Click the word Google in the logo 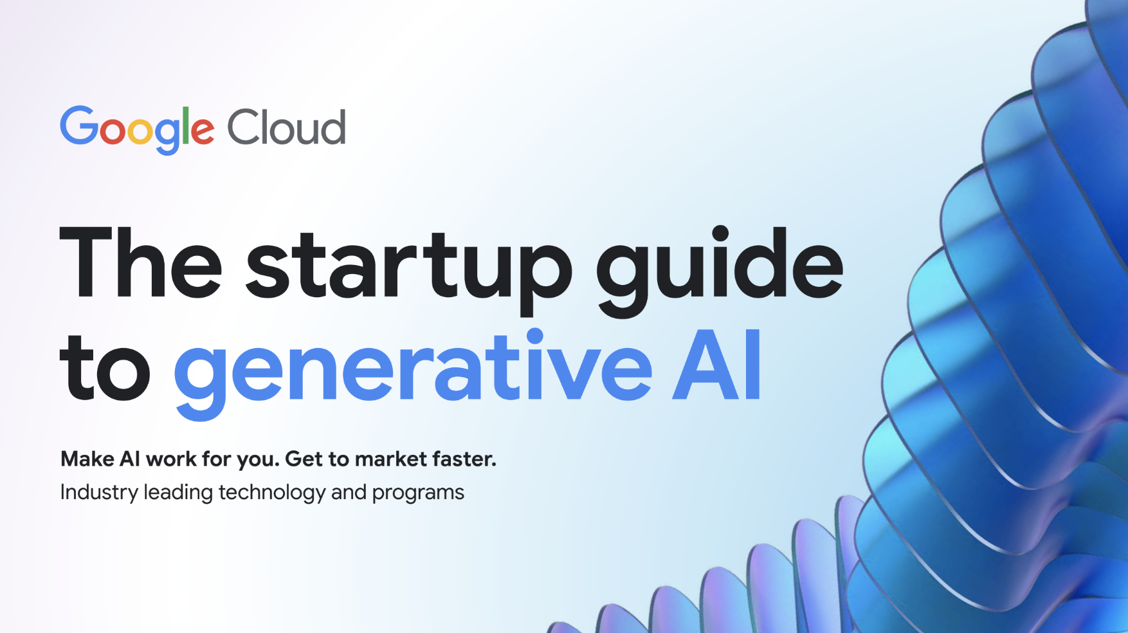coord(137,129)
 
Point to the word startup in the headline coord(408,270)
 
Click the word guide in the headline coord(720,270)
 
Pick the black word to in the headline coord(105,367)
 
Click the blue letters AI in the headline coord(716,365)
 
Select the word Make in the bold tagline coord(87,459)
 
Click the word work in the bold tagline coord(171,459)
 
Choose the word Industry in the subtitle coord(99,493)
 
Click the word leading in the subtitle coord(178,493)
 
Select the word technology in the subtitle coord(272,493)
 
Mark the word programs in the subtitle coord(418,494)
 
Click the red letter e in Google coord(203,131)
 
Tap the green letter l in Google coord(185,125)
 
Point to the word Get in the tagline coord(304,459)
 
